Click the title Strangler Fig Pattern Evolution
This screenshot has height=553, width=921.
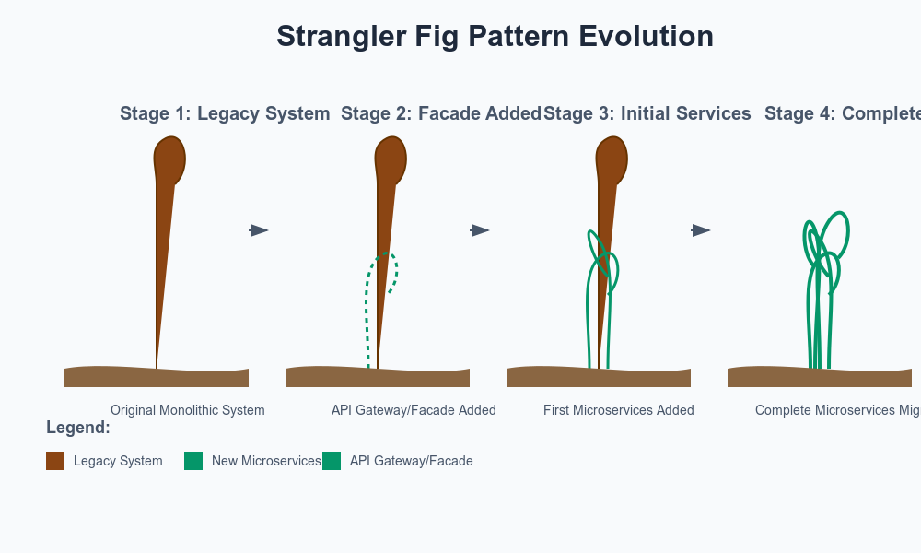coord(495,37)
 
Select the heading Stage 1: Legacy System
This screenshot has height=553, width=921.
coord(225,113)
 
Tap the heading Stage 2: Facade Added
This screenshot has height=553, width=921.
coord(440,113)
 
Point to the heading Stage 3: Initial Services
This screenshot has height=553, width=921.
coord(647,113)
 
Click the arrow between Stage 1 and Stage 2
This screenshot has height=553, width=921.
coord(259,230)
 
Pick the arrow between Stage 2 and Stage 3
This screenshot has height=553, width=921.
coord(480,230)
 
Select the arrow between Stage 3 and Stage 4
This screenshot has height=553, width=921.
coord(701,230)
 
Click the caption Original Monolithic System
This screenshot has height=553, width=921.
coord(187,410)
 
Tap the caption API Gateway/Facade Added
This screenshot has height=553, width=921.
coord(414,410)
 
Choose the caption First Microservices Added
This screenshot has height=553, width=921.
coord(618,410)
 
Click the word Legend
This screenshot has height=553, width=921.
coord(78,428)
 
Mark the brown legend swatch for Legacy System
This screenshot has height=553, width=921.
coord(55,461)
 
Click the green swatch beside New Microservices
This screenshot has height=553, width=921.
coord(193,461)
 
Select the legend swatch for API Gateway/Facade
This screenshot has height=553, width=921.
coord(332,461)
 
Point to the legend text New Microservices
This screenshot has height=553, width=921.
coord(266,461)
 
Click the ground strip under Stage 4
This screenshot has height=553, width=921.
coord(820,377)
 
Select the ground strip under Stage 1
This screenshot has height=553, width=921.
coord(157,377)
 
